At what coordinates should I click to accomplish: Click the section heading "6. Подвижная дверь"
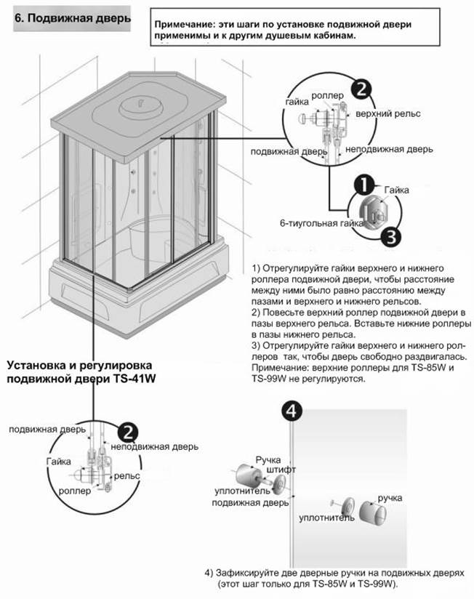pos(73,18)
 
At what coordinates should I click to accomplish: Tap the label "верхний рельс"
pos(388,114)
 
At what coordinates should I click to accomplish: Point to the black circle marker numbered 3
pos(390,237)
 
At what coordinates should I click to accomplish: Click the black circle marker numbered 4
pos(292,411)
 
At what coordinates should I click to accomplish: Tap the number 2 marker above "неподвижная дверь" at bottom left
pos(128,433)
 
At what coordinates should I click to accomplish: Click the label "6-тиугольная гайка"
pos(321,223)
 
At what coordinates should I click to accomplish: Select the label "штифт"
pos(281,469)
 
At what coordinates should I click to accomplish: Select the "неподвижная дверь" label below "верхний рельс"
pos(389,149)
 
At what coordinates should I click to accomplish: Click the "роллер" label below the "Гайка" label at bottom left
pos(75,491)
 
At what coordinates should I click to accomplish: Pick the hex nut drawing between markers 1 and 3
pos(373,212)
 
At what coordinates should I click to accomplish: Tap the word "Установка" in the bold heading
pos(36,365)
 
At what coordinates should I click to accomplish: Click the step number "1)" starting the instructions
pos(256,268)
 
